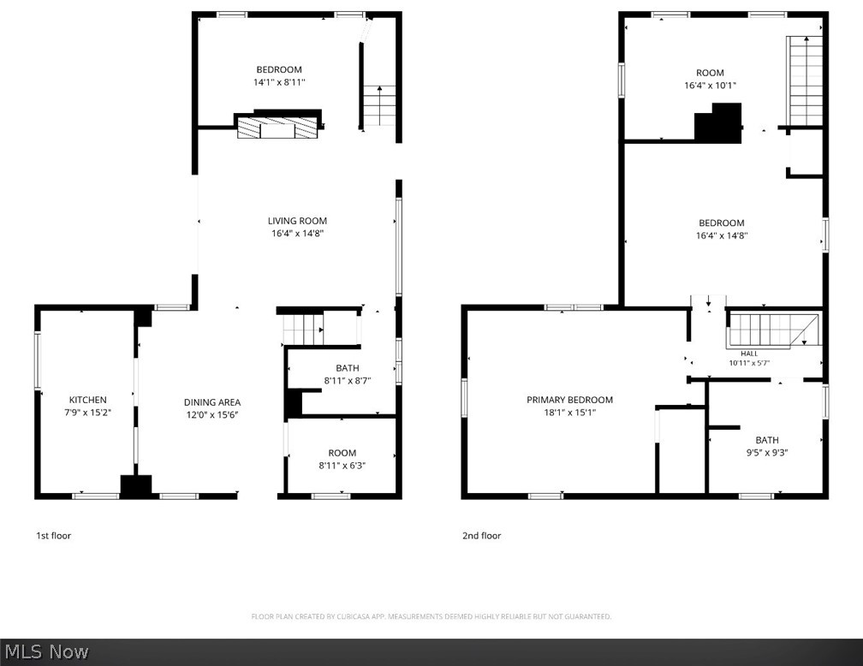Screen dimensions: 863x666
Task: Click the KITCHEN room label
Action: pos(87,400)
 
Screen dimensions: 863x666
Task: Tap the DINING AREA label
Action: pos(212,402)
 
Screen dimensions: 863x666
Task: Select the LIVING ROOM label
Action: pos(297,221)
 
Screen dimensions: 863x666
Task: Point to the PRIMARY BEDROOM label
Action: pos(569,400)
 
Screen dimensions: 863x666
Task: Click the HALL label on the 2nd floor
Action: pos(749,354)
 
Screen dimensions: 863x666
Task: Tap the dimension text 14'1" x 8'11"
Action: pos(279,82)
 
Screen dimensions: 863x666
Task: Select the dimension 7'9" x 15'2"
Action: pos(87,413)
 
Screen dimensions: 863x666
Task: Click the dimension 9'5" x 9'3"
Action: pos(767,453)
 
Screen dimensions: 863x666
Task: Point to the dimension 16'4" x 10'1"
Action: pos(710,86)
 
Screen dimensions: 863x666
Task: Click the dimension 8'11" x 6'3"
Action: pos(342,465)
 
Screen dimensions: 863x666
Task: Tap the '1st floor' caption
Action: pos(53,536)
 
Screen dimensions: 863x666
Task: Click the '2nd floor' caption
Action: pos(481,536)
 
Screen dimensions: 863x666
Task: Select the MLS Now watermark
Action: pos(46,651)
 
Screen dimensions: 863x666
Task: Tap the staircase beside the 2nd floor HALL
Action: pos(773,330)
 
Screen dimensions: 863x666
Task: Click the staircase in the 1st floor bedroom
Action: pos(379,105)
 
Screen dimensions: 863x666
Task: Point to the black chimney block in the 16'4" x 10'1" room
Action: pos(718,123)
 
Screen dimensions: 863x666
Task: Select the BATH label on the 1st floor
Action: pos(348,368)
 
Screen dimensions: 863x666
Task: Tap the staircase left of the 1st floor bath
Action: pos(303,329)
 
